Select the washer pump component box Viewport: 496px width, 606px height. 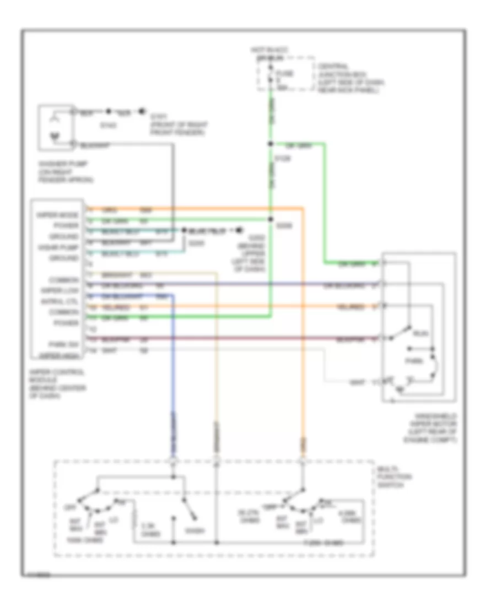[x=55, y=127]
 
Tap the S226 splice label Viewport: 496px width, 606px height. [x=282, y=225]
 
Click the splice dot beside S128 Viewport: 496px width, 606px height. [x=270, y=145]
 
